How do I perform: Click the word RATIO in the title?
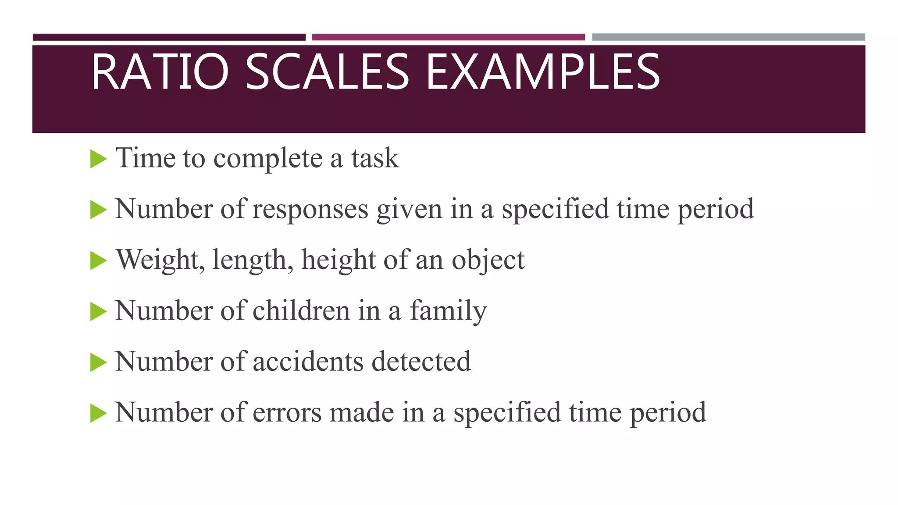click(160, 71)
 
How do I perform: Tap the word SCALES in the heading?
click(327, 71)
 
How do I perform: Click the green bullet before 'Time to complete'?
click(98, 159)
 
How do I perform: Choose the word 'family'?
click(448, 311)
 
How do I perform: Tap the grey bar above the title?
click(728, 37)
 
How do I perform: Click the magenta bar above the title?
click(448, 37)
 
